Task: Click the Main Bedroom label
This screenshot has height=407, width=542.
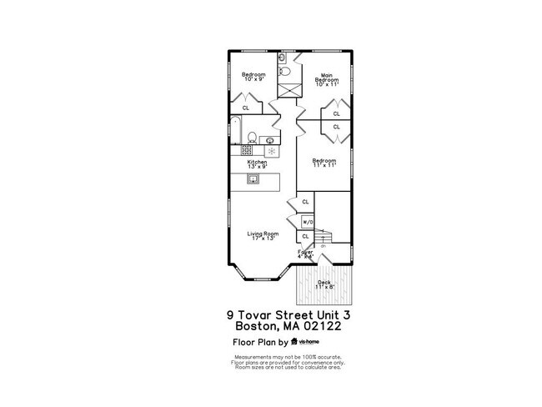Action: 324,79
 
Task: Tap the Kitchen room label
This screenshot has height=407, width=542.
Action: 256,164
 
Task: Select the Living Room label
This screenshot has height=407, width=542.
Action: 263,235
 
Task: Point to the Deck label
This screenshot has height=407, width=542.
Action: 324,284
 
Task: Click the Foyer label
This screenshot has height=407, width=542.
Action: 305,253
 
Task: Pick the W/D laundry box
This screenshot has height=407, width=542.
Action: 306,222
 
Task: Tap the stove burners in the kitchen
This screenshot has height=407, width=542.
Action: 248,151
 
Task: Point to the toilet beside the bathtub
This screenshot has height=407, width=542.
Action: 251,135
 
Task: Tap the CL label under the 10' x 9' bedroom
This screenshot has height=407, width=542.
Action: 245,108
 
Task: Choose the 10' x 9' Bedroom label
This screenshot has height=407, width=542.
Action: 253,77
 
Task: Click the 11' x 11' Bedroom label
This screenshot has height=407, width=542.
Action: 324,163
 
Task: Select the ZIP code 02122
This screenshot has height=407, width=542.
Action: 318,328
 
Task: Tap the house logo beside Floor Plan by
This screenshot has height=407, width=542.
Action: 294,342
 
